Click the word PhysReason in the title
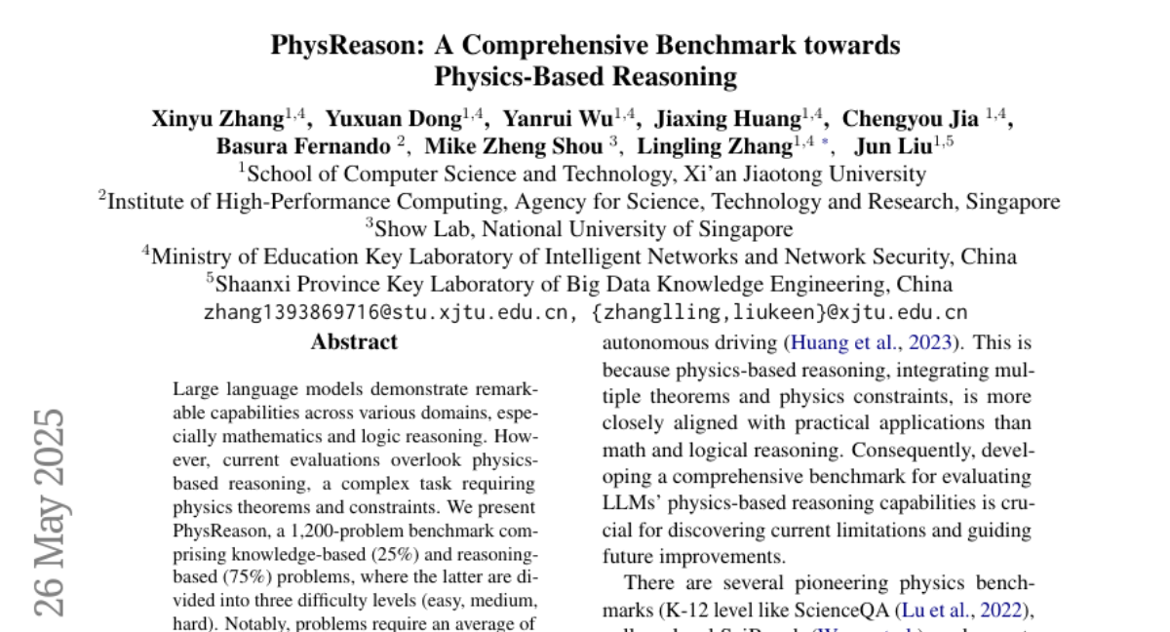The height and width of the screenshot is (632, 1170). [x=327, y=46]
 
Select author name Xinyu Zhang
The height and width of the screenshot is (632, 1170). [x=217, y=120]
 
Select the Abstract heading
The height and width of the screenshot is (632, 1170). [x=354, y=342]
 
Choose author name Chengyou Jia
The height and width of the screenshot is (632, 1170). [x=910, y=120]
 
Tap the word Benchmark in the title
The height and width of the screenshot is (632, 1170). [x=748, y=46]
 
